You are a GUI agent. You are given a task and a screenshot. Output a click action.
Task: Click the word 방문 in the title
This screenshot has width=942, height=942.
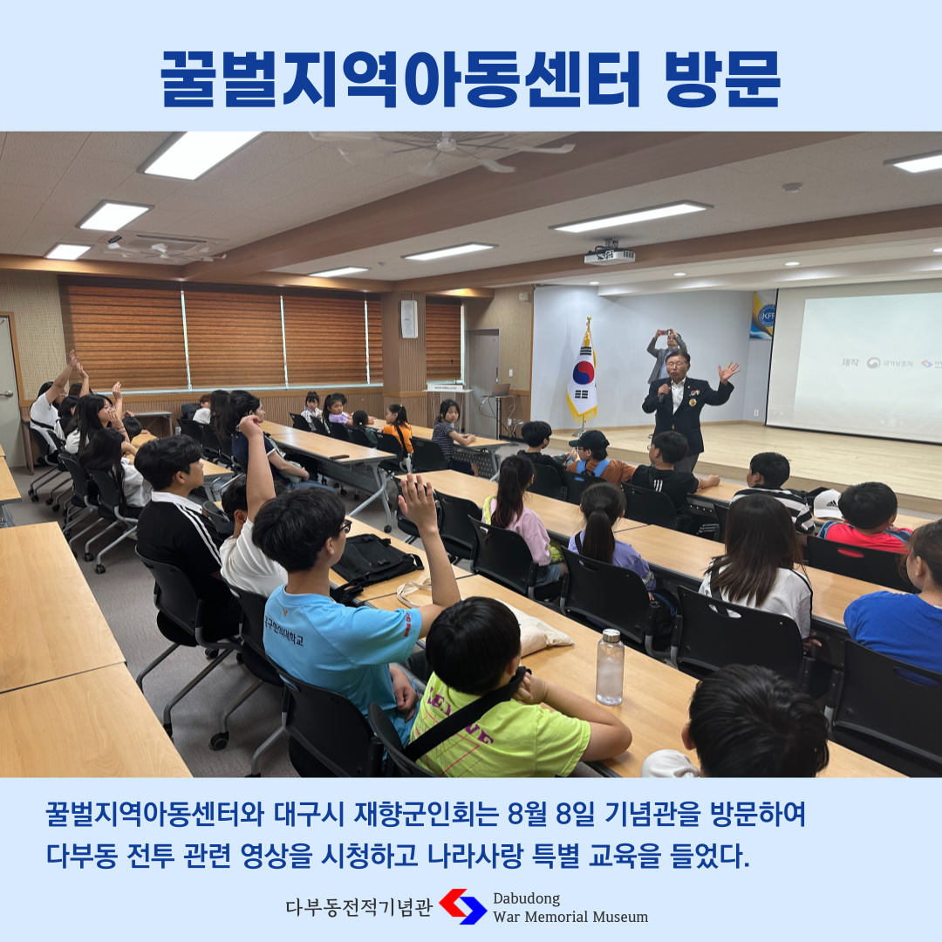(722, 78)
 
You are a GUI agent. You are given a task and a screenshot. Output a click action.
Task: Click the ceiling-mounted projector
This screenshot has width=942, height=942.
(609, 255)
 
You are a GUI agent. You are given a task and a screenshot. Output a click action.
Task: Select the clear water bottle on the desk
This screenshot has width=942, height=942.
(610, 667)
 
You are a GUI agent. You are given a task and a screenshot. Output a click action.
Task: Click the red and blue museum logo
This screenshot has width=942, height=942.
(462, 906)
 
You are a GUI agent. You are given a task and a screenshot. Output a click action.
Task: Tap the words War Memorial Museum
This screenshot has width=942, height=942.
(570, 918)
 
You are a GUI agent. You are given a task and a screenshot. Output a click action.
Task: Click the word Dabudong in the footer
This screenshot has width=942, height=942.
(526, 898)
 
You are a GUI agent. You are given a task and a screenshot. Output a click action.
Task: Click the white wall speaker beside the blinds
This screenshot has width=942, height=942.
(409, 319)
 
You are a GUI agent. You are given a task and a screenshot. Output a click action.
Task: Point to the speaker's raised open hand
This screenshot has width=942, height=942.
(728, 372)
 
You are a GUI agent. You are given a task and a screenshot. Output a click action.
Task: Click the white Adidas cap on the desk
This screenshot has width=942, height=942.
(826, 503)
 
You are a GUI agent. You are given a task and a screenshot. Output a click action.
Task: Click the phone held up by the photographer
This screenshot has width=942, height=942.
(664, 331)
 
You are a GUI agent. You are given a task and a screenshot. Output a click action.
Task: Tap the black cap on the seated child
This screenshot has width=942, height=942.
(588, 440)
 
